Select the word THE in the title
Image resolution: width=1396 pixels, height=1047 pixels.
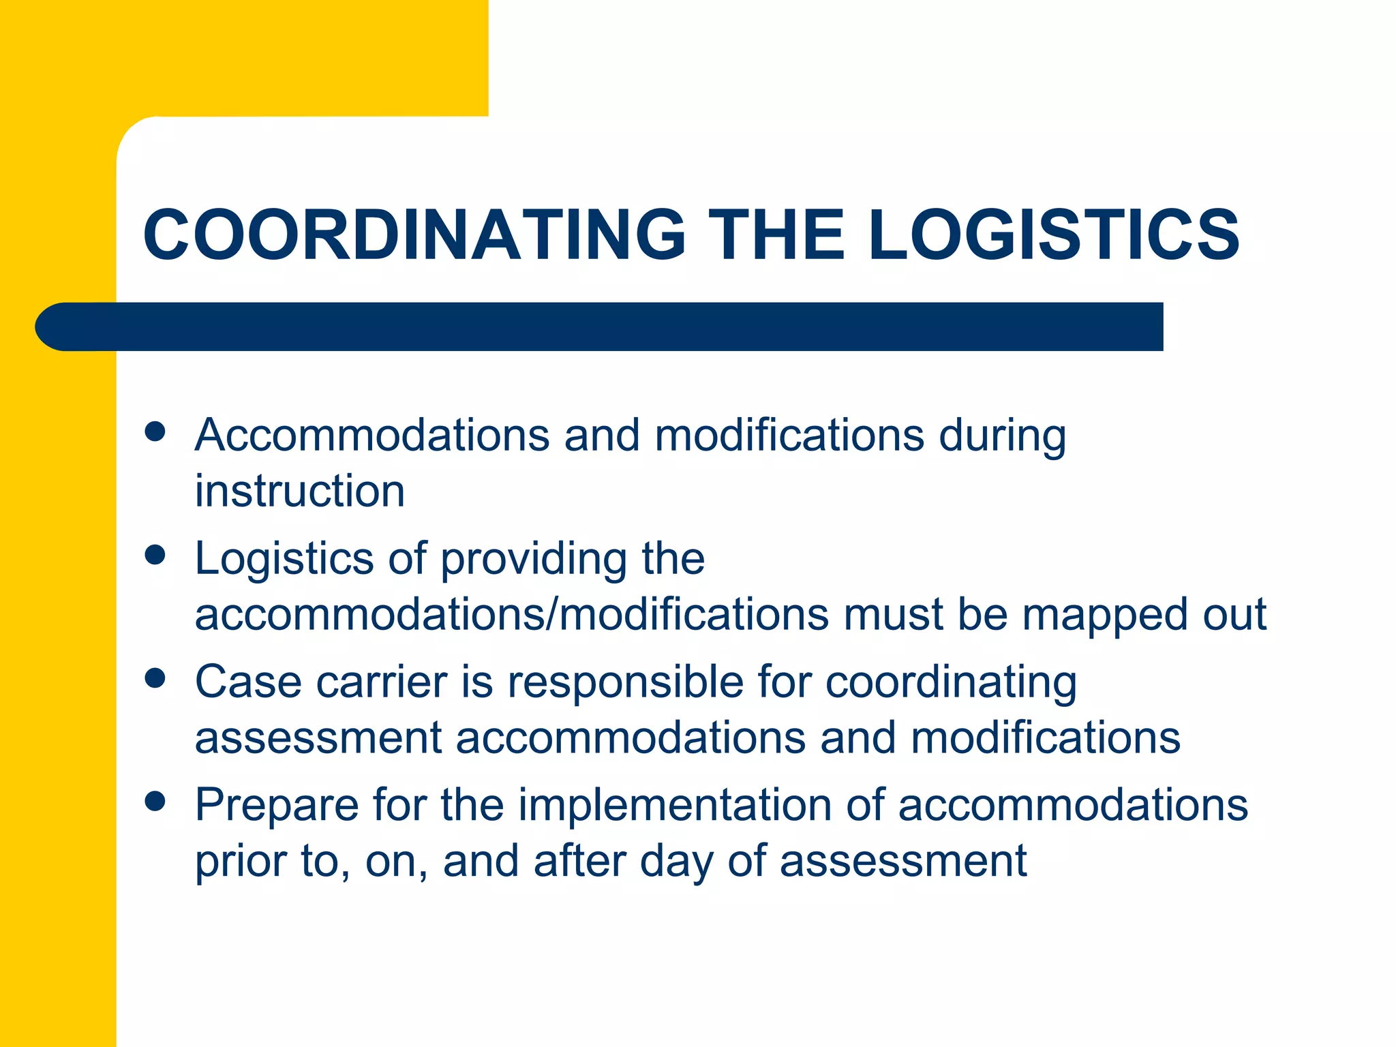776,234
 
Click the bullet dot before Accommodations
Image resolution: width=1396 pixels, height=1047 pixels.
155,431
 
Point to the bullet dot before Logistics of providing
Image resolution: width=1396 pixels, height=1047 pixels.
155,555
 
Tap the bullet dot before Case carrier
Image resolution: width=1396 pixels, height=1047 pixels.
155,678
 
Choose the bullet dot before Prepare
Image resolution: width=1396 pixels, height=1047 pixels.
155,802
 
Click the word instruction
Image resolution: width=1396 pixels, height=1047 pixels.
300,491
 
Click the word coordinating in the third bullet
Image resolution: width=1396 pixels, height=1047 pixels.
951,683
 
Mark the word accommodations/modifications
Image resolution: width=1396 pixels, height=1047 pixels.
511,614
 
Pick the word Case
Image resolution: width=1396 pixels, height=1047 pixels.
248,682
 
